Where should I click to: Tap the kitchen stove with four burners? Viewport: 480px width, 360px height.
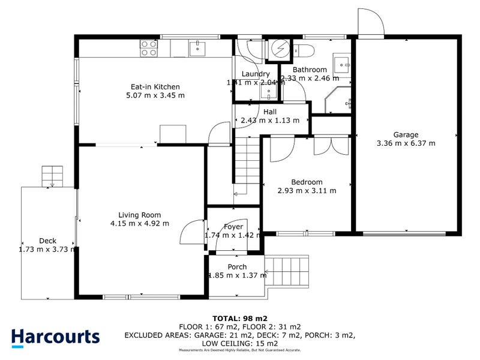click(x=148, y=47)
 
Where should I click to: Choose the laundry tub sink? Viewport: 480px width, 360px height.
click(x=268, y=91)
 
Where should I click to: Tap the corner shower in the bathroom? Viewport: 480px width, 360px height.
click(x=340, y=101)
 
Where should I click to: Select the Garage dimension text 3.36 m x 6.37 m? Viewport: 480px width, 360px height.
click(x=406, y=143)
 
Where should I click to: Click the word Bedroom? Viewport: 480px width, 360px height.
click(x=307, y=182)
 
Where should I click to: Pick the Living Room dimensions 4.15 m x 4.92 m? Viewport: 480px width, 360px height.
click(x=139, y=223)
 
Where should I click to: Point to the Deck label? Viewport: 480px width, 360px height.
click(x=47, y=241)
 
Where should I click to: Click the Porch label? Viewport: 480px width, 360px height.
click(x=237, y=267)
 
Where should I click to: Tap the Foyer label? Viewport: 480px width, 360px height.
click(x=233, y=227)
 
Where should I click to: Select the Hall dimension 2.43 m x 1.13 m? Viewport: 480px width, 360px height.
click(x=269, y=120)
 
